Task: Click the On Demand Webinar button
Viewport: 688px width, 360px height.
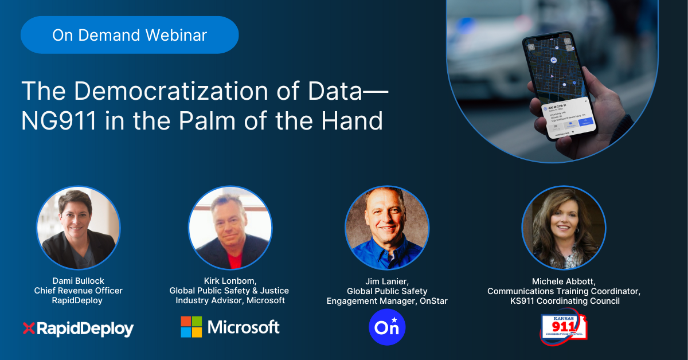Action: click(x=130, y=35)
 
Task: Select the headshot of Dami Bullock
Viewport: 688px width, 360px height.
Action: click(x=79, y=228)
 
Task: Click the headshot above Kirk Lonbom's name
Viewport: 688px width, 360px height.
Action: click(x=230, y=228)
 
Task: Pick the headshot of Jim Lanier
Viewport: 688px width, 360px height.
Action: click(x=387, y=228)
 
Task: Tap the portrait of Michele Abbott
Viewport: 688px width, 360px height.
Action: click(x=564, y=228)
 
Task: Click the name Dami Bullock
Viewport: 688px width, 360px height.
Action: click(x=78, y=281)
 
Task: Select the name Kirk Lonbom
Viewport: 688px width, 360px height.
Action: click(x=229, y=281)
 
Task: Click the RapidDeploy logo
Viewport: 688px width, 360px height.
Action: click(x=78, y=329)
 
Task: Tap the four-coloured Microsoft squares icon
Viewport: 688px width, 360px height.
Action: click(x=191, y=327)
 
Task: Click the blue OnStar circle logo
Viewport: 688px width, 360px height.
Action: click(x=388, y=328)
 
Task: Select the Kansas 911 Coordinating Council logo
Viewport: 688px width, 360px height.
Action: click(x=564, y=327)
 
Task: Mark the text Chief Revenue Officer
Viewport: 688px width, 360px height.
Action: click(x=78, y=291)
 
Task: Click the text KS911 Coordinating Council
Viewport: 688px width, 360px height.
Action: click(x=564, y=301)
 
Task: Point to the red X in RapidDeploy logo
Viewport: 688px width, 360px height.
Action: click(x=29, y=328)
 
